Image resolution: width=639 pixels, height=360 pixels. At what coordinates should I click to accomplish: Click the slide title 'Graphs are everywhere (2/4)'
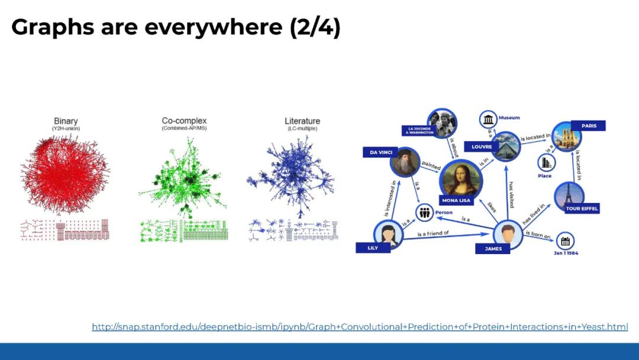point(176,27)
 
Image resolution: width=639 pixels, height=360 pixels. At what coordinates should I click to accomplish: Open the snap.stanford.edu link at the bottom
point(359,327)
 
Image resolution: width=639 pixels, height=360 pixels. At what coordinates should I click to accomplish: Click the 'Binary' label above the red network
point(66,121)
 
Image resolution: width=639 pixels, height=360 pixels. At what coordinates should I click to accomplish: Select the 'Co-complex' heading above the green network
point(184,121)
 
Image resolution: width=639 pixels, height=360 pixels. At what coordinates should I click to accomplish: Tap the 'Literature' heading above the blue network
point(302,121)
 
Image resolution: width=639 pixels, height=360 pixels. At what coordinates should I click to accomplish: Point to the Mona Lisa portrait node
point(460,177)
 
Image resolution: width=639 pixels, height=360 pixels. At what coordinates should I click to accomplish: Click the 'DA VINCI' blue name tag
point(382,152)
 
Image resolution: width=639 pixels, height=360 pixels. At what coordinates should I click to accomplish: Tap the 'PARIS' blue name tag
point(588,126)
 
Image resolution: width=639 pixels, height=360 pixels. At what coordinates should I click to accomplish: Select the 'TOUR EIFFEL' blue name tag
point(582,208)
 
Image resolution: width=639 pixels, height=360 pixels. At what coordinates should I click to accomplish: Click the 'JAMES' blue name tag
point(493,249)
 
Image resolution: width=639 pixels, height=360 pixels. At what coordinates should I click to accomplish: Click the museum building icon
point(489,120)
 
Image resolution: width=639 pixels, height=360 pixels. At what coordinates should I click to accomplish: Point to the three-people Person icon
point(424,213)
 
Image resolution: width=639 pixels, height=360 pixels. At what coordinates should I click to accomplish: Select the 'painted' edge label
point(431,167)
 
